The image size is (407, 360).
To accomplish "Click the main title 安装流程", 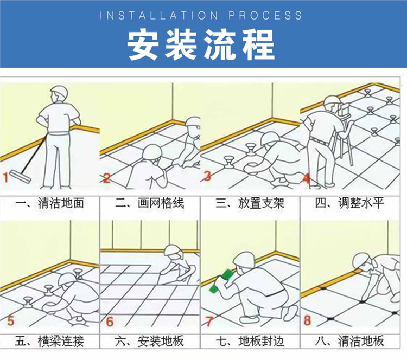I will [x=201, y=43].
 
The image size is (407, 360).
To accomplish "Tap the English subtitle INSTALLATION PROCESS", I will [x=201, y=15].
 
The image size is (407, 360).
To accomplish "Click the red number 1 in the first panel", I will [x=5, y=176].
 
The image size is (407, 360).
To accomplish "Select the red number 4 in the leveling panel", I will [x=307, y=178].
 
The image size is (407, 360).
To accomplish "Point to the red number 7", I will [x=208, y=321].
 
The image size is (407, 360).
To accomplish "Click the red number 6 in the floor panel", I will [x=110, y=321].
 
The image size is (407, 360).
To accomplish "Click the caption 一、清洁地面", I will [x=50, y=204].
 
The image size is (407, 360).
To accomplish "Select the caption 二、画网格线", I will [x=150, y=204].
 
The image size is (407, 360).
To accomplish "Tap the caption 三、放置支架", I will [x=250, y=204].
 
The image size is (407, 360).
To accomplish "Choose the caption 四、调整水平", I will [x=350, y=204].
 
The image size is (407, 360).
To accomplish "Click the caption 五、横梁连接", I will [x=50, y=342].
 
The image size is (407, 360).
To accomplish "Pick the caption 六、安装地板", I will [x=150, y=342].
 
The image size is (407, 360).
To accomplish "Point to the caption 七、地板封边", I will [x=250, y=342].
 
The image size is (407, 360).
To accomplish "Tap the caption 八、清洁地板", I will [x=350, y=342].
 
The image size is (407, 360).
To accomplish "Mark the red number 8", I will [x=307, y=321].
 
